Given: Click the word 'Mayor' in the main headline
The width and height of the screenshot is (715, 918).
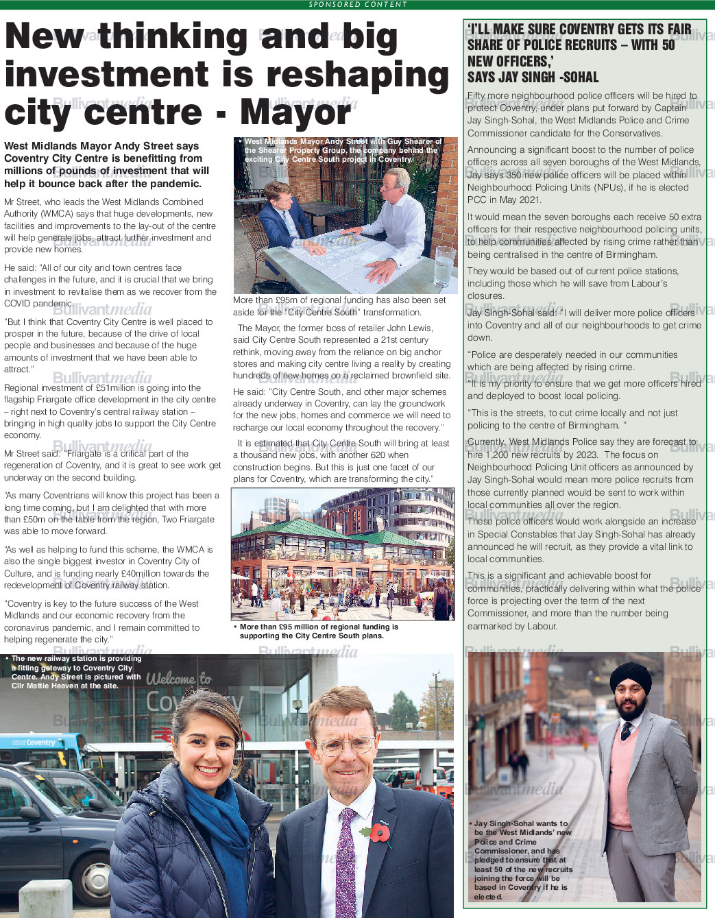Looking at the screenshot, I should coord(295,112).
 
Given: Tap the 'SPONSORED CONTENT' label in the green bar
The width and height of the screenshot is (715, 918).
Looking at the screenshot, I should coord(357,4).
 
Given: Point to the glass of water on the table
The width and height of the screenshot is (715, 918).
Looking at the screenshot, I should coord(444,265).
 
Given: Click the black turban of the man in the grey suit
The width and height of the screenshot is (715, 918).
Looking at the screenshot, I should coord(630,678).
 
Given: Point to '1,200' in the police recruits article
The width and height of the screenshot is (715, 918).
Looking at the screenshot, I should coord(498,455).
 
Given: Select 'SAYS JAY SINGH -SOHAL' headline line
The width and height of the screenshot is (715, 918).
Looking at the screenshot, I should coord(533,77).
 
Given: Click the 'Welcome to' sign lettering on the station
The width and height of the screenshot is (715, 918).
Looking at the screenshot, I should coord(179,679).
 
